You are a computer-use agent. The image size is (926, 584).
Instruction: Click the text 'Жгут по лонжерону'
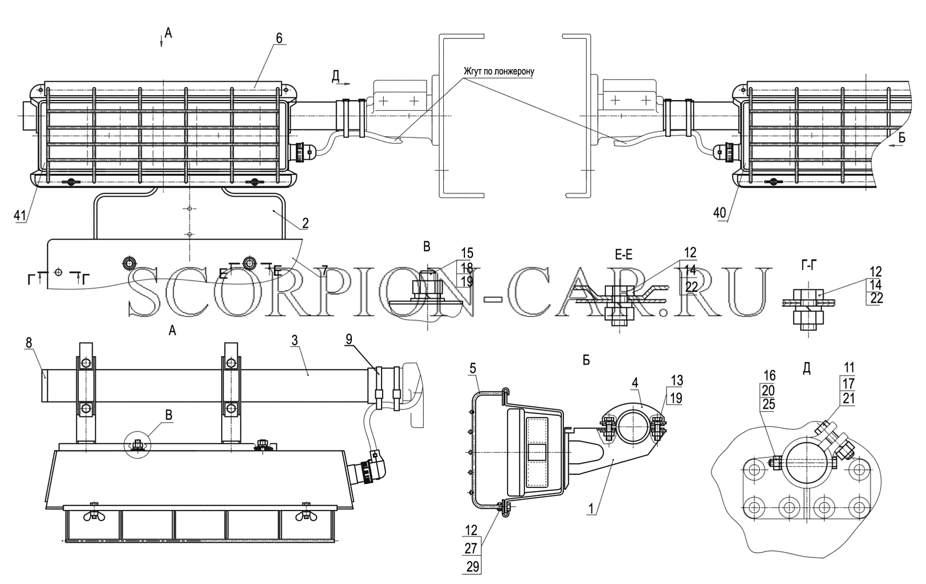coord(498,71)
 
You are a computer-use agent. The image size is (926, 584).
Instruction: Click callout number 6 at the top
coord(279,38)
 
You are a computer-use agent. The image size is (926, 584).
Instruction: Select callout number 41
coord(20,215)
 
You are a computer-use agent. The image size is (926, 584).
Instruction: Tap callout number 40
coord(720,213)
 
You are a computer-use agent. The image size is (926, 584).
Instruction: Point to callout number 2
coord(305,223)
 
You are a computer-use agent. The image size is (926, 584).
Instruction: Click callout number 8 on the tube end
coord(29,342)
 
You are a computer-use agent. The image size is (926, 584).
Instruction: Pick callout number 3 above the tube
coord(294,340)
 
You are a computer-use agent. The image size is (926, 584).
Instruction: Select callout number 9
coord(349,340)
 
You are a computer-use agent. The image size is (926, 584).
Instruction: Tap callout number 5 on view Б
coord(473,368)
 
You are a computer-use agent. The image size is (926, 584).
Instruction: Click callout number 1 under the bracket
coord(591,508)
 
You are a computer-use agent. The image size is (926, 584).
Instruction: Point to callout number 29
coord(472,566)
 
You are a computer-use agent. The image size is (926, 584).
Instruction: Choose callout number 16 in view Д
coord(769,375)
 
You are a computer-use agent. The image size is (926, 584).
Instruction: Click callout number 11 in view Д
coord(849,367)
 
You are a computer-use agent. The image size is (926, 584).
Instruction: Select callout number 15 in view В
coord(467,253)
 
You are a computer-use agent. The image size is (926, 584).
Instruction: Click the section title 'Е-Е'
coord(623,255)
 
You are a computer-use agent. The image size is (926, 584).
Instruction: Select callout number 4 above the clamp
coord(635,383)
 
